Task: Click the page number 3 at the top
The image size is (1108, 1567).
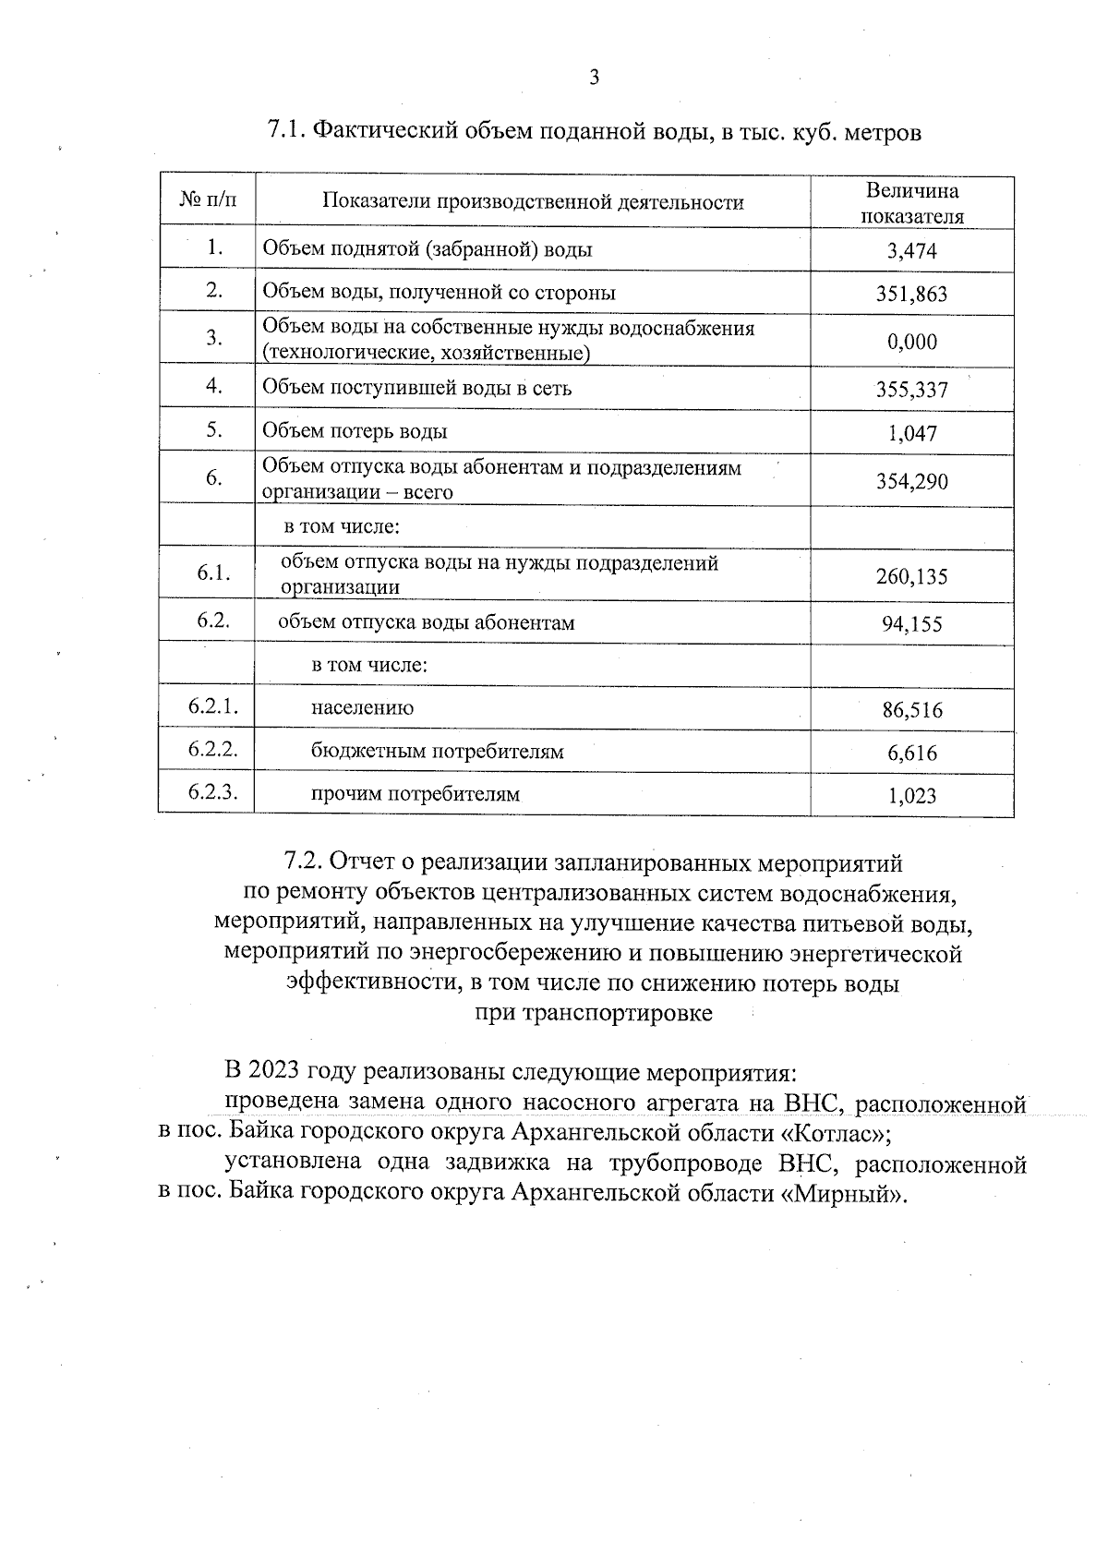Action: tap(594, 78)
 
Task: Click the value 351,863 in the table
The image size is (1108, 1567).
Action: tap(911, 295)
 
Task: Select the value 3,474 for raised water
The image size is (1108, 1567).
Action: tap(911, 251)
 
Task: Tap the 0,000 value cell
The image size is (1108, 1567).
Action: tap(911, 343)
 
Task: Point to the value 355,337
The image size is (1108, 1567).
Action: tap(911, 390)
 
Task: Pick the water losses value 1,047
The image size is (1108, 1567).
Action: tap(911, 433)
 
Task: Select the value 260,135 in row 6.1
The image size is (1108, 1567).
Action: tap(911, 577)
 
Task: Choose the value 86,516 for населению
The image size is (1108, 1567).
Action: tap(911, 710)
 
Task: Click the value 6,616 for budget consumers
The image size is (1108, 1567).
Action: tap(911, 753)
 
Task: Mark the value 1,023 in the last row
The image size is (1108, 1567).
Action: tap(911, 796)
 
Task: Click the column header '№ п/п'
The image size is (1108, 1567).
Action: tap(207, 200)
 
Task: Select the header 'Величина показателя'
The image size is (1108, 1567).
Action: tap(911, 203)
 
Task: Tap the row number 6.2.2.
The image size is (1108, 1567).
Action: tap(213, 750)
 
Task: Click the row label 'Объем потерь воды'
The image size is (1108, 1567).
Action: tap(355, 431)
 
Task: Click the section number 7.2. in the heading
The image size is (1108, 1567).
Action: tap(303, 862)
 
